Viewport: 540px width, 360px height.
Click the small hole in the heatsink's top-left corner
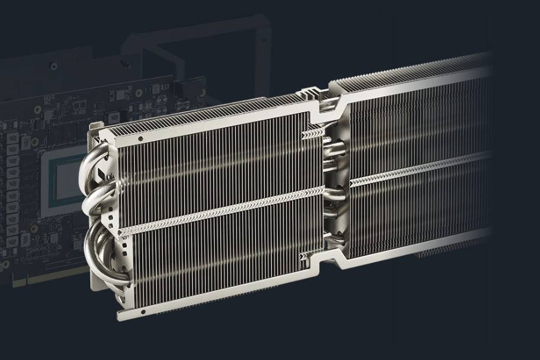pyautogui.click(x=140, y=139)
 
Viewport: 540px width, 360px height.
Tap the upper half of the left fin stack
pyautogui.click(x=218, y=159)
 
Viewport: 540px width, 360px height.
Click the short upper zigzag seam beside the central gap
pyautogui.click(x=311, y=135)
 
